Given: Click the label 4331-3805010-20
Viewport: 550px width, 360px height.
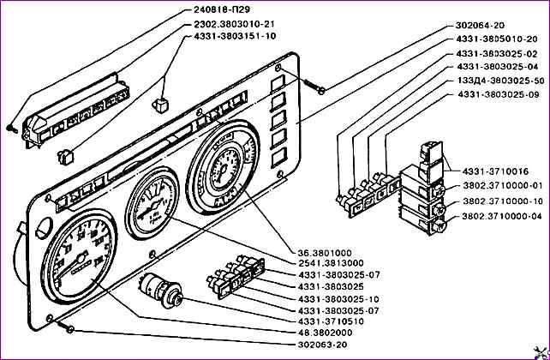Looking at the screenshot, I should (497, 40).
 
